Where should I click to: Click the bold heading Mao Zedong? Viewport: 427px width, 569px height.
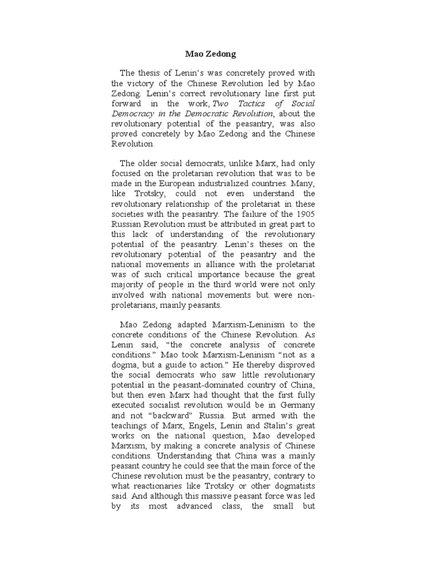pos(210,54)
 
